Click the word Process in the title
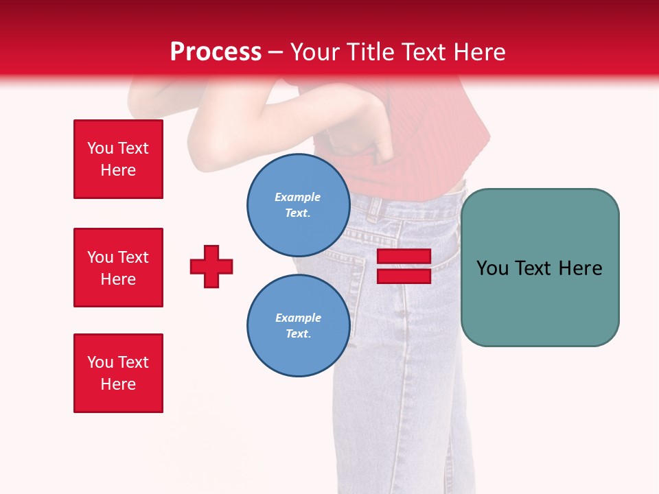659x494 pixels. tap(216, 52)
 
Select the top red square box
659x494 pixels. tap(118, 159)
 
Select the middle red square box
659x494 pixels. tap(118, 268)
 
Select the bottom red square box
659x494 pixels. tap(118, 373)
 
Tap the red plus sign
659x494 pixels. tap(211, 266)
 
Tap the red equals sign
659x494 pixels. tap(404, 266)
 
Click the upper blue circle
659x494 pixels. tap(298, 204)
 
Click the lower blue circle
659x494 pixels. tap(298, 325)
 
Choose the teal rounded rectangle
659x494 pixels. tap(540, 268)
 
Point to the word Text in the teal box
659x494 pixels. tap(534, 268)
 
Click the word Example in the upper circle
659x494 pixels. tap(298, 197)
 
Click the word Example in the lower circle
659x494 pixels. tap(298, 318)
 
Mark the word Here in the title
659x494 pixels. tap(481, 52)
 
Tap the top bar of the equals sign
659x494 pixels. tap(404, 257)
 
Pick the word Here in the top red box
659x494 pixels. tap(118, 170)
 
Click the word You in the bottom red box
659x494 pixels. tap(100, 362)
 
